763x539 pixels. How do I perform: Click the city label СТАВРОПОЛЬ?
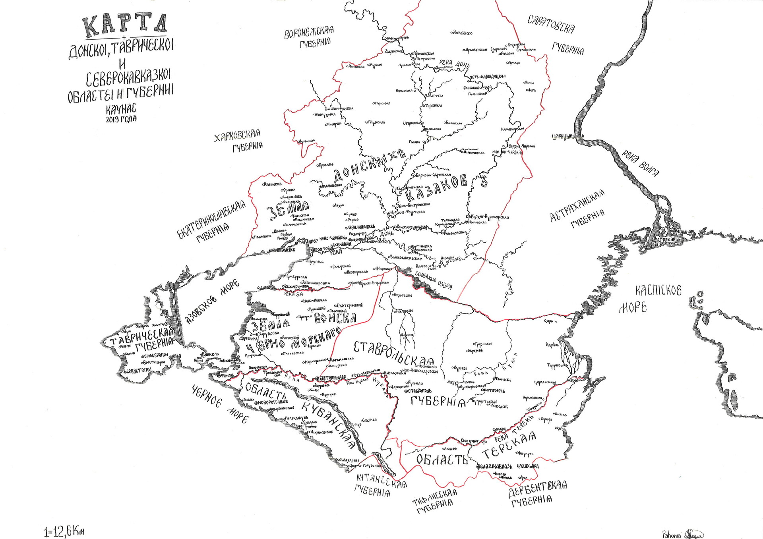click(418, 391)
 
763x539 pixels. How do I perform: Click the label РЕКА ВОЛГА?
click(640, 164)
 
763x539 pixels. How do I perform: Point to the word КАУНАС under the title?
click(121, 109)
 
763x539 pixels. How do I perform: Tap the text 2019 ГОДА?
click(121, 119)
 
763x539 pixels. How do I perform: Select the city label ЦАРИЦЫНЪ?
click(567, 137)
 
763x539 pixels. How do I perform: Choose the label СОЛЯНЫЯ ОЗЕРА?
click(433, 279)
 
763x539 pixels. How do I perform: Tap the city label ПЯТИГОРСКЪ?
click(493, 390)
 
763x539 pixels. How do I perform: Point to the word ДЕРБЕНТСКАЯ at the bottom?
click(537, 490)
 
